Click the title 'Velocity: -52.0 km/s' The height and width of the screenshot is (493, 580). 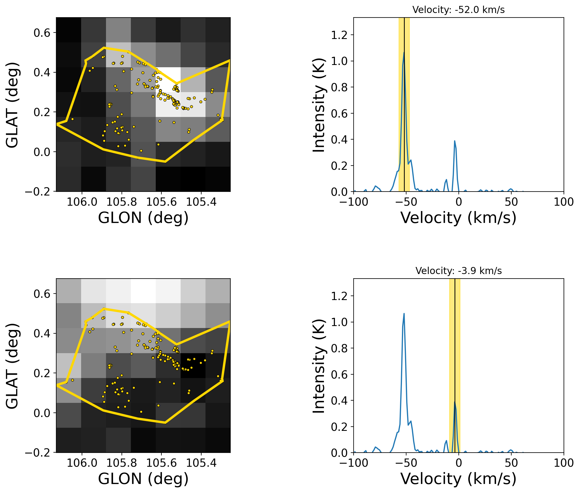click(458, 10)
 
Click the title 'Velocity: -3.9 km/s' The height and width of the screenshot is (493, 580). click(458, 271)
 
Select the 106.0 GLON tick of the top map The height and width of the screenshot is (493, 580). click(82, 202)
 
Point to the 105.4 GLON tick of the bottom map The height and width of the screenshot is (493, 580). click(201, 463)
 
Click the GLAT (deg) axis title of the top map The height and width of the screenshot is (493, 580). click(12, 105)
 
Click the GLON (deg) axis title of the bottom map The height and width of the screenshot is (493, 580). click(143, 479)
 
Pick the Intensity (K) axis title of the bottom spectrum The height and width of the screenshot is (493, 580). click(319, 366)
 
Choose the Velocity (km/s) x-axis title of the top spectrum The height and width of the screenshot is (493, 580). click(458, 218)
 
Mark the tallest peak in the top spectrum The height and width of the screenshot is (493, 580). click(404, 52)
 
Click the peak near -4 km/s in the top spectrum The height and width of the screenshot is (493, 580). click(455, 141)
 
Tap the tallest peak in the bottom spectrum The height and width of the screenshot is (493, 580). click(404, 313)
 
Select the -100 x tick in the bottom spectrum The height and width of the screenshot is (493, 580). click(354, 463)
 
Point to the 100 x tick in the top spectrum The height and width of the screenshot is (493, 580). click(564, 202)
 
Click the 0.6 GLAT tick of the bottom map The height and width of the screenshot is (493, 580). click(42, 294)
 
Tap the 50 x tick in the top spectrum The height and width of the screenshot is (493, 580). click(511, 202)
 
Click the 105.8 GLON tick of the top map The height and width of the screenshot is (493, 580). click(122, 202)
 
